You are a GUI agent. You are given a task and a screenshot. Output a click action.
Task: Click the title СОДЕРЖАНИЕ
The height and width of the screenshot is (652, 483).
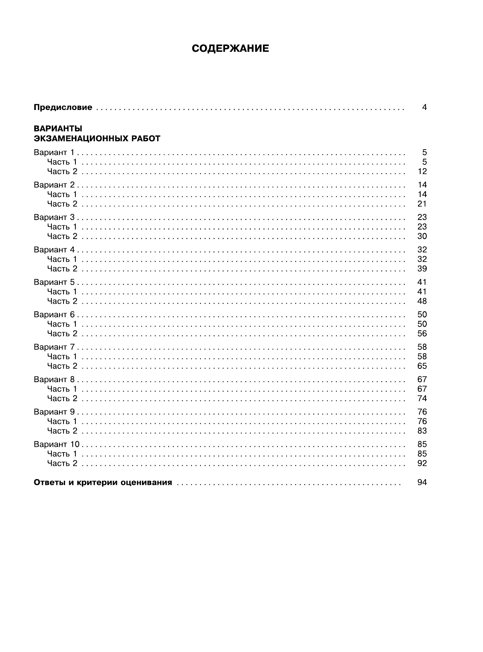pos(230,49)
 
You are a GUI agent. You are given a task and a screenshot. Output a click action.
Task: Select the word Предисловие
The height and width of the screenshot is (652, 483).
pos(63,107)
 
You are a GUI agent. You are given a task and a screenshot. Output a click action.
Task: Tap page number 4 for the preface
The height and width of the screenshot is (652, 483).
pos(424,107)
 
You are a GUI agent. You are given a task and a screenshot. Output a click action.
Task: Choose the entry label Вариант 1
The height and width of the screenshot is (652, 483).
pos(54,153)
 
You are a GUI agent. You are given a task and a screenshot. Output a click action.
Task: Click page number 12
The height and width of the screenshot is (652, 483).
pos(422,172)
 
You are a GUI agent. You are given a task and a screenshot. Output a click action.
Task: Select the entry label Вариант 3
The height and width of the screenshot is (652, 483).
pos(54,217)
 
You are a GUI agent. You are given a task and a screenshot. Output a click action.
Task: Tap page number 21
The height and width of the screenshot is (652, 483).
pos(422,204)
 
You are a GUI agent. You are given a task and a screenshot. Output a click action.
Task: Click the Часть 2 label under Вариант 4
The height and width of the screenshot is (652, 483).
pos(62,269)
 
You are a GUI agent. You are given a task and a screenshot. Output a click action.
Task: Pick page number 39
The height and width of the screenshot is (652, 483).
pos(422,269)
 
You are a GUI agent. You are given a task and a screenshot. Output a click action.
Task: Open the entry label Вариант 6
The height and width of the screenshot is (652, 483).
pos(54,314)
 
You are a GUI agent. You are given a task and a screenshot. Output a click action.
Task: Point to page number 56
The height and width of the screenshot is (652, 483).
pos(422,333)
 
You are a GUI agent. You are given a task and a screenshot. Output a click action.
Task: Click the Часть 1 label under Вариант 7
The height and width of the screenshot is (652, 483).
pos(62,357)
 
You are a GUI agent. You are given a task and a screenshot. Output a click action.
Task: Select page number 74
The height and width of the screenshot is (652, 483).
pos(422,399)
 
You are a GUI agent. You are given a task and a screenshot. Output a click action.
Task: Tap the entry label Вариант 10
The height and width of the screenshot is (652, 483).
pos(56,444)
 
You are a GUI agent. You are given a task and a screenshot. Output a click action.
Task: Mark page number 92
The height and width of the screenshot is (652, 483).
pos(422,463)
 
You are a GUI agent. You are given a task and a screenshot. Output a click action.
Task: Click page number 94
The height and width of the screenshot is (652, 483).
pos(422,483)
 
